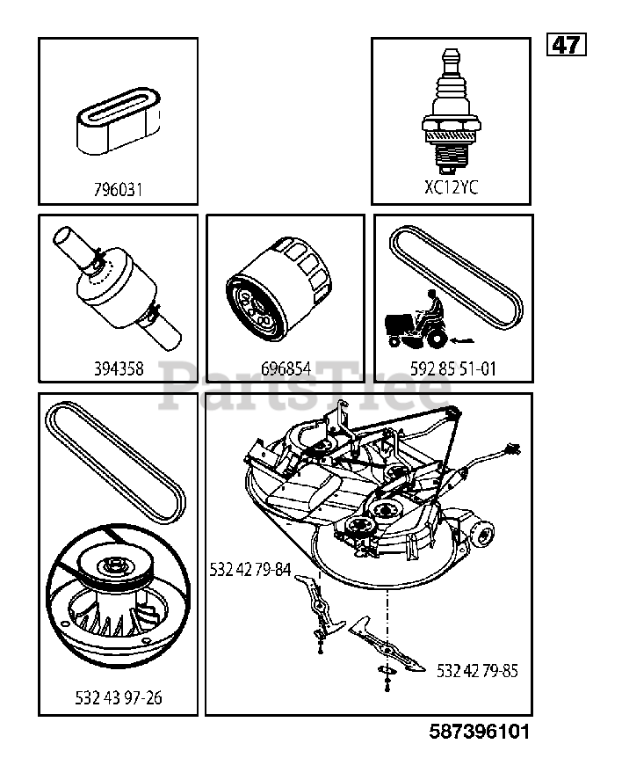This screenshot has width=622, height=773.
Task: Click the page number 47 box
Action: point(567,44)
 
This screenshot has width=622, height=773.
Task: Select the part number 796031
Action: point(118,188)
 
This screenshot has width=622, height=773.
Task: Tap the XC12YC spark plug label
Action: point(451,186)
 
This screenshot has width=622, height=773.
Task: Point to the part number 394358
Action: point(118,368)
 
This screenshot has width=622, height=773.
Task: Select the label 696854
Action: point(286,368)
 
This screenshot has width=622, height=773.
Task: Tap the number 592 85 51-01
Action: point(453,368)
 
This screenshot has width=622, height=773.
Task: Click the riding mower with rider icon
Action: point(418,323)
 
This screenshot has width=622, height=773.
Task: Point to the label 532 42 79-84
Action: point(250,569)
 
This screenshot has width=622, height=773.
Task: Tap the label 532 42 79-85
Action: point(477,671)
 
